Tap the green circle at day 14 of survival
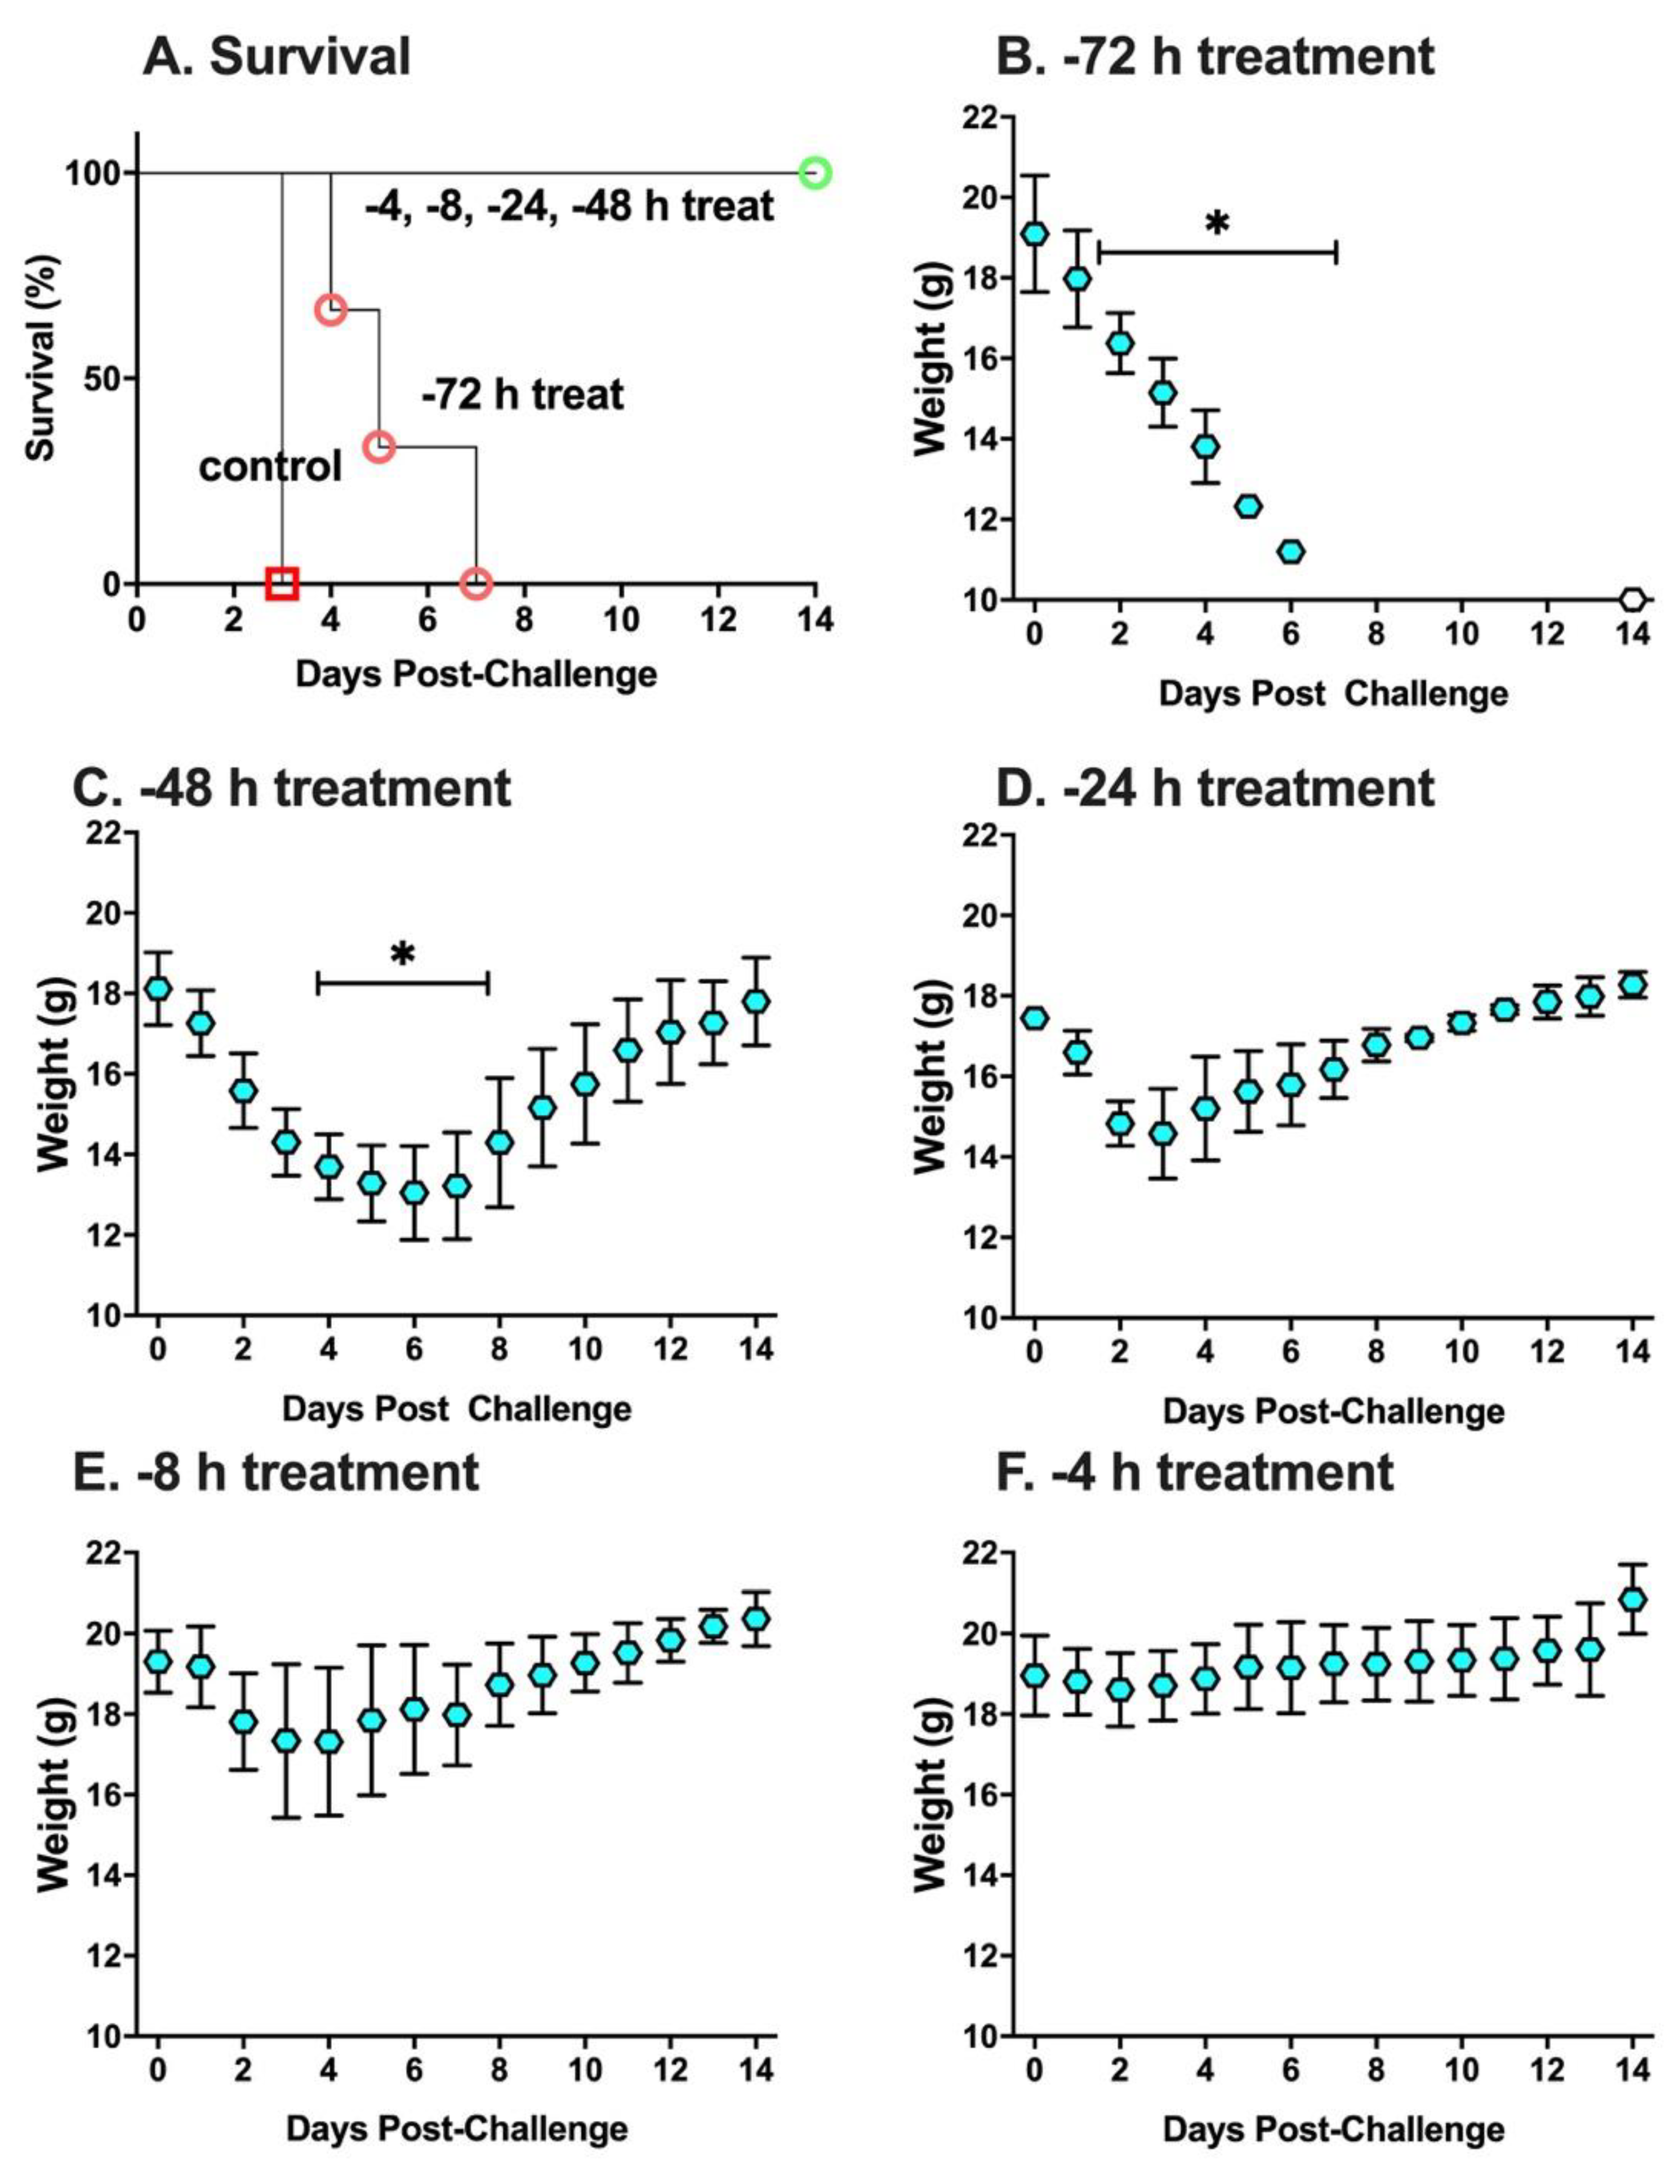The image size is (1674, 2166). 815,174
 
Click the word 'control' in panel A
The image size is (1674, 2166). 270,465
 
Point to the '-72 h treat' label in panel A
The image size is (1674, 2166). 523,395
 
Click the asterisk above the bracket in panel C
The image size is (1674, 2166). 402,955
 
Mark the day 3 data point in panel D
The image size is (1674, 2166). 1163,1133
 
